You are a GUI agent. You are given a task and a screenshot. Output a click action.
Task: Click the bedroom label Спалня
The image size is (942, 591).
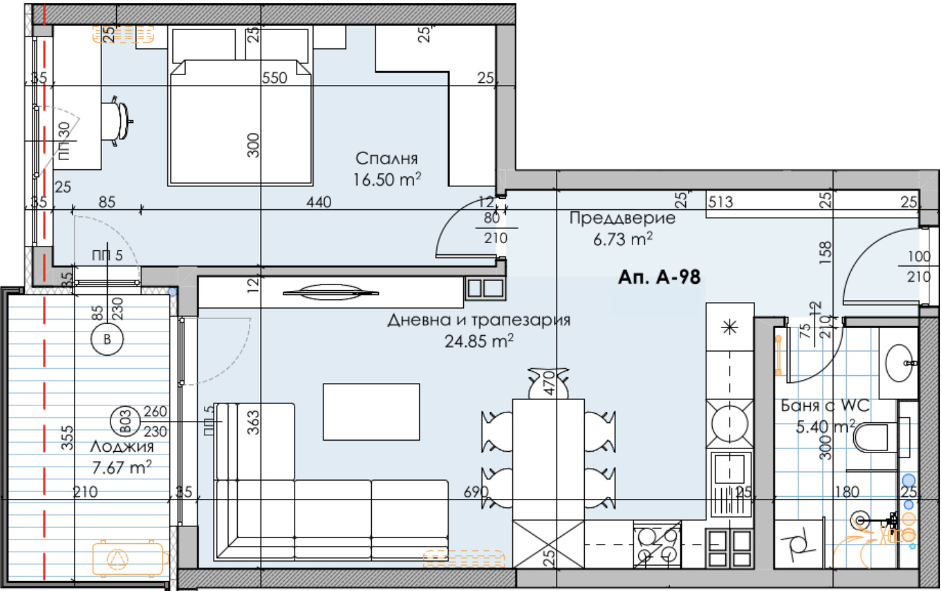click(386, 158)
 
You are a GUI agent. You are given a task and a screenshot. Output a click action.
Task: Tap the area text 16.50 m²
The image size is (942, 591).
click(386, 179)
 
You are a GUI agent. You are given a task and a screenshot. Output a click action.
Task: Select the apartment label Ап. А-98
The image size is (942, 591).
click(658, 277)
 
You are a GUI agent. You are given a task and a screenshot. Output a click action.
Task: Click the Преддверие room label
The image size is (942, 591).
click(622, 218)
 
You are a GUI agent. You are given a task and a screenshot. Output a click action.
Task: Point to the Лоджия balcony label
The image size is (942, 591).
click(122, 447)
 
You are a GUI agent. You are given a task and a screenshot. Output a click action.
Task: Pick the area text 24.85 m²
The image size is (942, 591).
click(478, 341)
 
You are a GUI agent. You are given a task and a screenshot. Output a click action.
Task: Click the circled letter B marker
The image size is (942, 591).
click(107, 339)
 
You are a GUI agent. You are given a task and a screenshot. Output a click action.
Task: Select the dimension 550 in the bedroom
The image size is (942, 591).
click(274, 78)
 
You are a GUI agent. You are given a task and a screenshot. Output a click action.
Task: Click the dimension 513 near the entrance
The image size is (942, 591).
click(721, 201)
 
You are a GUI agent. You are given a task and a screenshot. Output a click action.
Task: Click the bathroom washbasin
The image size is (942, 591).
click(900, 363)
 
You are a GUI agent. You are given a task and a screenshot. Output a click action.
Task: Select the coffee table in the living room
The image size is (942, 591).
click(371, 412)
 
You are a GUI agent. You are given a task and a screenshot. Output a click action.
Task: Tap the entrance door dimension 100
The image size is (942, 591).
click(918, 257)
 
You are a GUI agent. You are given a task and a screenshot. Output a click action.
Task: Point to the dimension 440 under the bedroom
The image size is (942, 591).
click(319, 202)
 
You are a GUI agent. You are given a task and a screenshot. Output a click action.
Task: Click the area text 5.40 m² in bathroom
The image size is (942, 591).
click(824, 427)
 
